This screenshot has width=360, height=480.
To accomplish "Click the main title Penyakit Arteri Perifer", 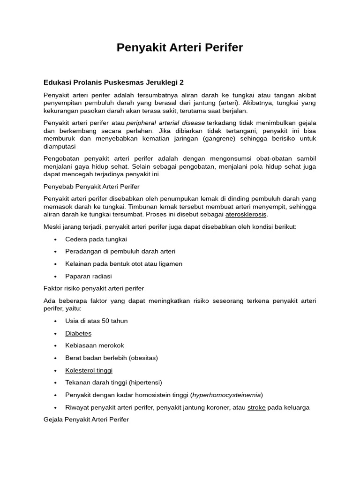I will tap(180, 47).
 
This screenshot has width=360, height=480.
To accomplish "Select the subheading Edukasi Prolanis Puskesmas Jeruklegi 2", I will tap(113, 82).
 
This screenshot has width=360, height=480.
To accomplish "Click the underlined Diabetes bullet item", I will tap(78, 333).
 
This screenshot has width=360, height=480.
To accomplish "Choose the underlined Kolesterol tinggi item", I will tap(89, 370).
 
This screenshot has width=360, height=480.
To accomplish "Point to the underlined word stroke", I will tap(256, 407).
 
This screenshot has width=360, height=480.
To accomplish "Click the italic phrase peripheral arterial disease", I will tap(165, 123).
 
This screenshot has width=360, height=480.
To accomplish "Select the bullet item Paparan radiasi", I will tap(89, 276).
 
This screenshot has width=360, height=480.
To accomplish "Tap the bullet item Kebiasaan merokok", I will tap(95, 345).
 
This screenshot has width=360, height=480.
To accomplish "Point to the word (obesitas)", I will tap(141, 358).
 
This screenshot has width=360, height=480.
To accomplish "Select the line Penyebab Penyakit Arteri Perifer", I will tap(89, 187).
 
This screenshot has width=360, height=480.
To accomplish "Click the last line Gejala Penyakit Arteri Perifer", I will tap(86, 420).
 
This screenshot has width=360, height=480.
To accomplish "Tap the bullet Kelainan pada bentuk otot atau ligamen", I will tap(124, 264).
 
